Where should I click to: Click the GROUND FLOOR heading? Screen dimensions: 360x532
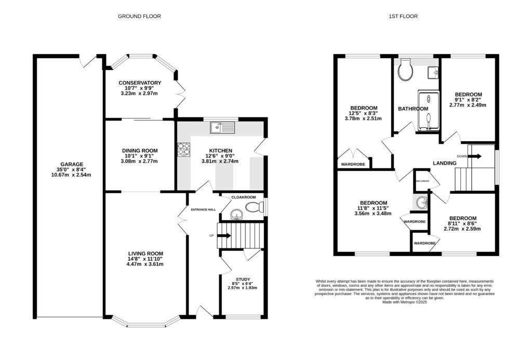(x=139, y=16)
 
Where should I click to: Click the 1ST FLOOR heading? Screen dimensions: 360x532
(x=403, y=16)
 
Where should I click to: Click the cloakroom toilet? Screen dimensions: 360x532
(x=254, y=208)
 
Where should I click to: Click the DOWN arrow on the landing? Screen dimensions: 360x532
(x=473, y=156)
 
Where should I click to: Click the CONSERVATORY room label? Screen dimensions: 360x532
(x=139, y=83)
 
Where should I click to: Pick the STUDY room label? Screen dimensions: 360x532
(x=243, y=279)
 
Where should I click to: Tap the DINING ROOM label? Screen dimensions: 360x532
(x=139, y=151)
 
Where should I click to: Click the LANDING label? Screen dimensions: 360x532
(x=444, y=163)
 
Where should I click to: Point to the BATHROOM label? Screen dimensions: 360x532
(x=413, y=109)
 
